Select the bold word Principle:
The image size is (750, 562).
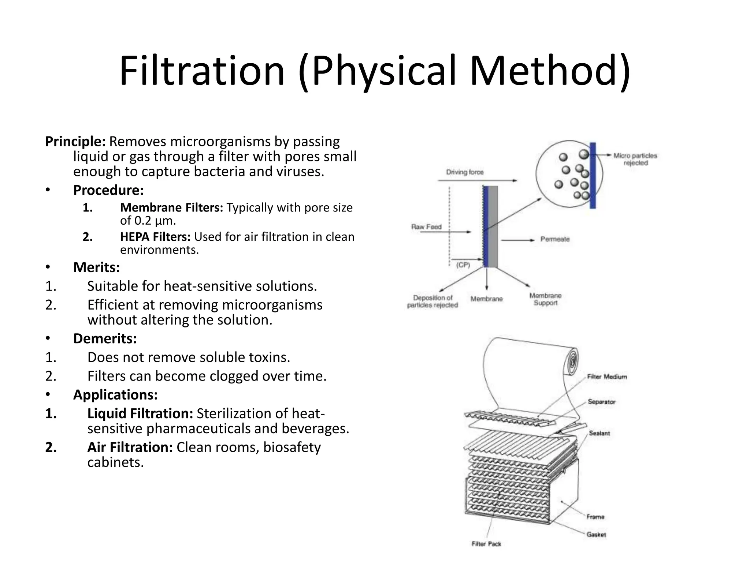pyautogui.click(x=75, y=141)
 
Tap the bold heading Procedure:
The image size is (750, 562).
pyautogui.click(x=108, y=190)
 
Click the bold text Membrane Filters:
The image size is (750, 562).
pyautogui.click(x=171, y=207)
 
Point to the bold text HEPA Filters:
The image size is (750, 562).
pyautogui.click(x=155, y=237)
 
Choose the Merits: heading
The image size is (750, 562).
pyautogui.click(x=97, y=267)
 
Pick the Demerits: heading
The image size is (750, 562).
pyautogui.click(x=105, y=338)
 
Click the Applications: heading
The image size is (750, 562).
pyautogui.click(x=115, y=395)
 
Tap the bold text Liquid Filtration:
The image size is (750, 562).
pyautogui.click(x=140, y=413)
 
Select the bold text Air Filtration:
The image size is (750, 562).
pyautogui.click(x=130, y=447)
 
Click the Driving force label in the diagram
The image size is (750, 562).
pyautogui.click(x=465, y=172)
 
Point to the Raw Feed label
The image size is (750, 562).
pyautogui.click(x=426, y=227)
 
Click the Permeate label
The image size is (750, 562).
pyautogui.click(x=555, y=239)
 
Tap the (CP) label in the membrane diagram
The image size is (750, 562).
pyautogui.click(x=463, y=265)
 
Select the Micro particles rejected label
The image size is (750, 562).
pyautogui.click(x=635, y=159)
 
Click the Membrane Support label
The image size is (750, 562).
pyautogui.click(x=545, y=299)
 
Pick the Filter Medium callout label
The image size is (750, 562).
pyautogui.click(x=607, y=376)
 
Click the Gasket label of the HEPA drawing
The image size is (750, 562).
pyautogui.click(x=596, y=535)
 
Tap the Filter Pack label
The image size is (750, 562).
pyautogui.click(x=486, y=544)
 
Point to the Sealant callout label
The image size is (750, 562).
pyautogui.click(x=599, y=433)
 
